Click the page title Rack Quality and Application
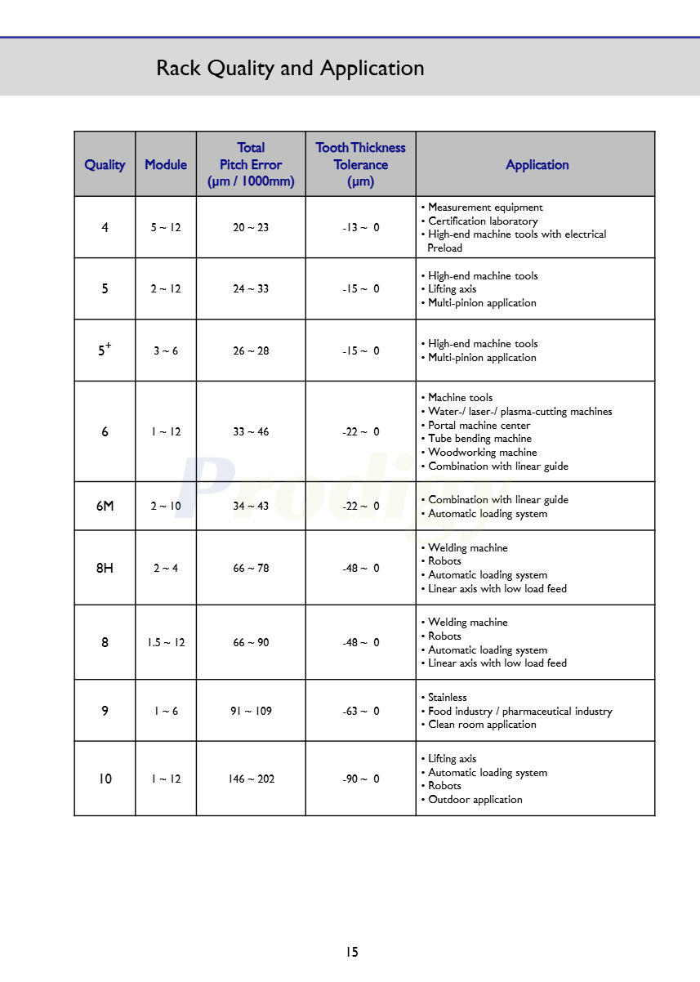coord(290,68)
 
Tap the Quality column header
coord(105,164)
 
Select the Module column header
coord(166,164)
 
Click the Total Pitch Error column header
coord(251,164)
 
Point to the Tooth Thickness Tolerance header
coord(360,164)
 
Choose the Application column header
coord(537,164)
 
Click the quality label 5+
coord(105,350)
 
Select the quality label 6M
coord(105,506)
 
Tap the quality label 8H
coord(105,568)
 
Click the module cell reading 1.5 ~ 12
coord(166,642)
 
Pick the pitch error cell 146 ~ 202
coord(251,779)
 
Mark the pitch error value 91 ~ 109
coord(251,711)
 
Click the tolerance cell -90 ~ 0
coord(360,779)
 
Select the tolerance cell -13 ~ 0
coord(360,227)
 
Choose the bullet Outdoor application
coord(475,800)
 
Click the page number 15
coord(351,952)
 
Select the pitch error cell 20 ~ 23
coord(251,227)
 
